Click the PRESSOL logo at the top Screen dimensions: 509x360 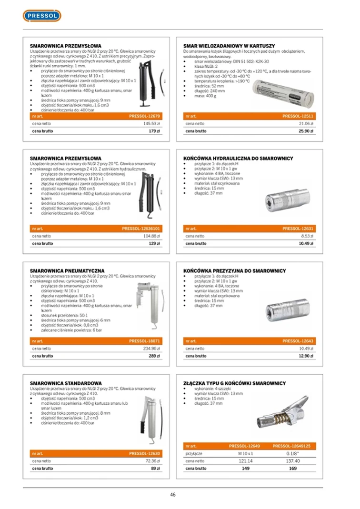(x=42, y=16)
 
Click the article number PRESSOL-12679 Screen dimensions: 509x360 (x=144, y=116)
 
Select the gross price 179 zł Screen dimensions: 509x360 (x=153, y=131)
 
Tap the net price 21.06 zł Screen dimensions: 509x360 (x=305, y=123)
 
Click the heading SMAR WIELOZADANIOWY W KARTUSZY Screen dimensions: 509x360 (x=229, y=46)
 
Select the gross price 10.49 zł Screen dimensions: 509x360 (x=306, y=243)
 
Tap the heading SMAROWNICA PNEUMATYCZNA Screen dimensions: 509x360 (x=67, y=271)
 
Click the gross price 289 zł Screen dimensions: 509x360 (x=153, y=356)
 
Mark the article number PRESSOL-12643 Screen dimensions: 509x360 (x=298, y=341)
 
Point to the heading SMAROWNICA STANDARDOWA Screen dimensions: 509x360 (x=66, y=383)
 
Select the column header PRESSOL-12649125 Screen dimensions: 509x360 (x=291, y=446)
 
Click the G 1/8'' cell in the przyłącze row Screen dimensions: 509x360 (x=292, y=454)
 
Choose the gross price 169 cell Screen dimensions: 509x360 (x=292, y=469)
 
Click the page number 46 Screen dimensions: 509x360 (x=173, y=494)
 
